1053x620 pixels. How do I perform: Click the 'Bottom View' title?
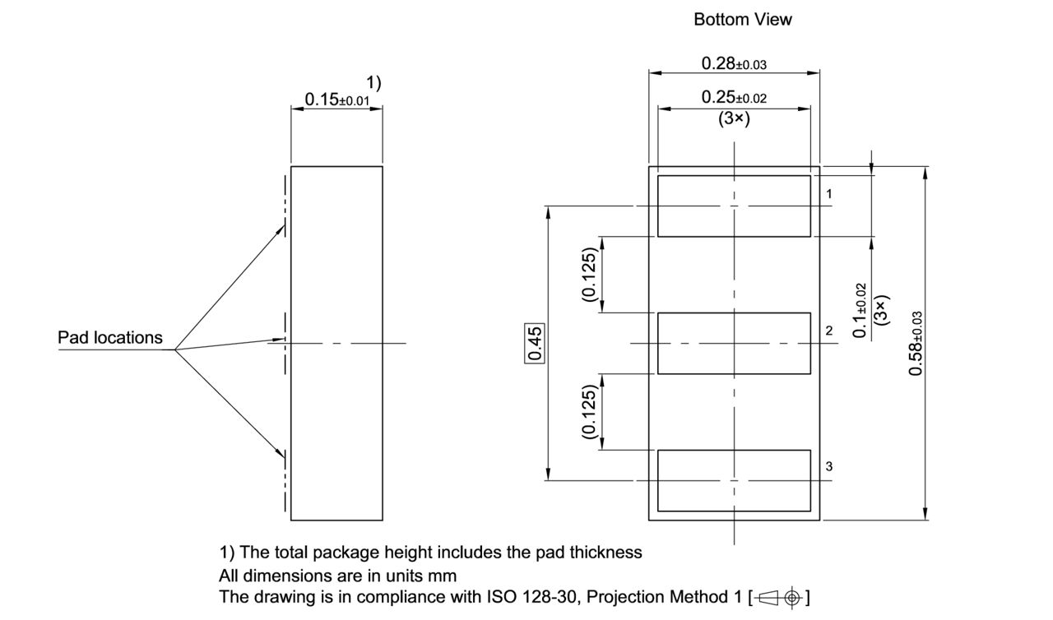[x=742, y=20]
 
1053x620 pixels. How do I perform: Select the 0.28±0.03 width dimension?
[x=734, y=63]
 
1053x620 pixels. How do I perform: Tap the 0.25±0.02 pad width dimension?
[x=734, y=98]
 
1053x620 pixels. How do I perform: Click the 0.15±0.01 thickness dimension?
[x=336, y=99]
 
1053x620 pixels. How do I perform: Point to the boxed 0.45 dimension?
[x=535, y=344]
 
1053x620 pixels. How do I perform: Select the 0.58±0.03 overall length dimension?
[x=916, y=344]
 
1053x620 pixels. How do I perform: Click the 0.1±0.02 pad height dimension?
[x=860, y=311]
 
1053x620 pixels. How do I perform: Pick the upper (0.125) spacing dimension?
[x=590, y=274]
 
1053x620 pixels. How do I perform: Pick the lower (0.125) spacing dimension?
[x=590, y=411]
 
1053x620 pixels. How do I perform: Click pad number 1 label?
[x=829, y=194]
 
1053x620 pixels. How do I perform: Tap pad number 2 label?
[x=829, y=331]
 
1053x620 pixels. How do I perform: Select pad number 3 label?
[x=829, y=466]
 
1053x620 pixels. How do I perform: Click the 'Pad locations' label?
[x=110, y=338]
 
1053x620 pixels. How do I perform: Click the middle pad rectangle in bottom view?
[x=734, y=343]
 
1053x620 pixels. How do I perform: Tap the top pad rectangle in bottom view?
[x=734, y=206]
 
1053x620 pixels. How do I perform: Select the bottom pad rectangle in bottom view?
[x=734, y=480]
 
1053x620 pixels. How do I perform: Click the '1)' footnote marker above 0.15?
[x=373, y=82]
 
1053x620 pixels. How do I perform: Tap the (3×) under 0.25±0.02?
[x=734, y=118]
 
